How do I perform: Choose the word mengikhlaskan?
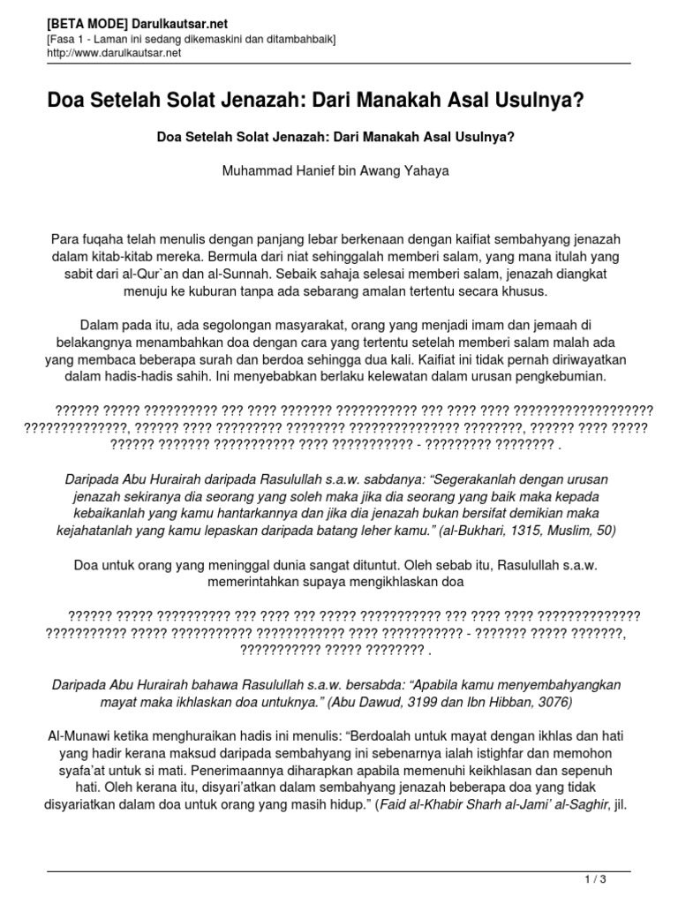click(390, 583)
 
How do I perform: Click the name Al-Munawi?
click(77, 735)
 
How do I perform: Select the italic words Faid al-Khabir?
click(418, 804)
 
